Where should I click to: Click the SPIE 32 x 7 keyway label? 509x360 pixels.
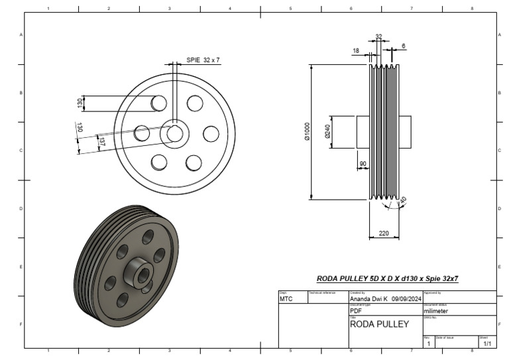click(202, 60)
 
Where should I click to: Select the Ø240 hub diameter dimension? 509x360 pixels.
click(327, 132)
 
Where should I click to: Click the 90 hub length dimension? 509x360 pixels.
click(363, 163)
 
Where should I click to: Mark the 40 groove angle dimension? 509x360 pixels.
click(402, 200)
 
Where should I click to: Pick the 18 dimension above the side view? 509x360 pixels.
click(356, 50)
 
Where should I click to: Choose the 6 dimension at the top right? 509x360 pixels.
click(404, 46)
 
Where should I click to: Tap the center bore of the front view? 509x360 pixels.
click(175, 133)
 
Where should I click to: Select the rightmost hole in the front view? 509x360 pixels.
click(211, 134)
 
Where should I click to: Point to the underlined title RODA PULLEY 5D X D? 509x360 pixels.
click(387, 278)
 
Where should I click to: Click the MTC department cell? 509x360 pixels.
click(286, 300)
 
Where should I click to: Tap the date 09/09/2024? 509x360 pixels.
click(406, 300)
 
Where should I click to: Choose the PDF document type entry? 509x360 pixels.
click(355, 310)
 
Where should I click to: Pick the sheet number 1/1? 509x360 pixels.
click(487, 344)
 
